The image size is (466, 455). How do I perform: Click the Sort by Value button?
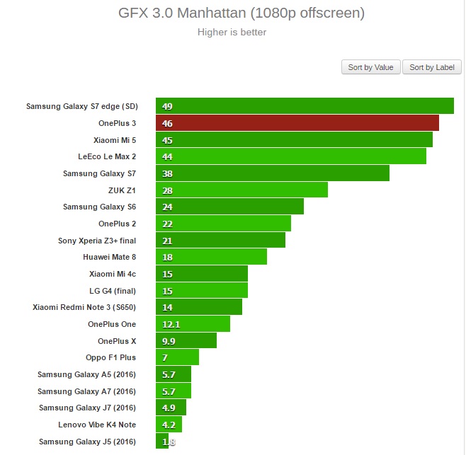pyautogui.click(x=370, y=67)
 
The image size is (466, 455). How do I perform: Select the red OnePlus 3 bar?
pyautogui.click(x=297, y=123)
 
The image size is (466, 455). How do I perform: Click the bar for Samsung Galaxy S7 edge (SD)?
pyautogui.click(x=305, y=106)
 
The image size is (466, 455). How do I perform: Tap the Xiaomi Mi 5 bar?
pyautogui.click(x=294, y=139)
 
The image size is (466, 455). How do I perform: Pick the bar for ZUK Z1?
pyautogui.click(x=241, y=190)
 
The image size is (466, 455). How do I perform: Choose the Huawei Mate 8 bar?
pyautogui.click(x=211, y=257)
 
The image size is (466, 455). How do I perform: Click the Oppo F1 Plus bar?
pyautogui.click(x=178, y=357)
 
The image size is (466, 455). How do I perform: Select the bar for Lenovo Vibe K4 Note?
pyautogui.click(x=169, y=425)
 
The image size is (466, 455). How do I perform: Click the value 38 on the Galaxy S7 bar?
pyautogui.click(x=168, y=173)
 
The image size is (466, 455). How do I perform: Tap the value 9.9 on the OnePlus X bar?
pyautogui.click(x=169, y=341)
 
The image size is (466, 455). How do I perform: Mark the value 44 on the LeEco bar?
pyautogui.click(x=168, y=156)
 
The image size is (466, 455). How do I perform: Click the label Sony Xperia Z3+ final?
pyautogui.click(x=97, y=241)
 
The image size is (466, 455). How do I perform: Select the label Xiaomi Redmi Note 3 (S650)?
pyautogui.click(x=84, y=307)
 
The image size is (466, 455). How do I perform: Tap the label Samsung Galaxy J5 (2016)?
pyautogui.click(x=87, y=442)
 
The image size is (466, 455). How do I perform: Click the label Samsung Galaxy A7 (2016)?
pyautogui.click(x=86, y=391)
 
